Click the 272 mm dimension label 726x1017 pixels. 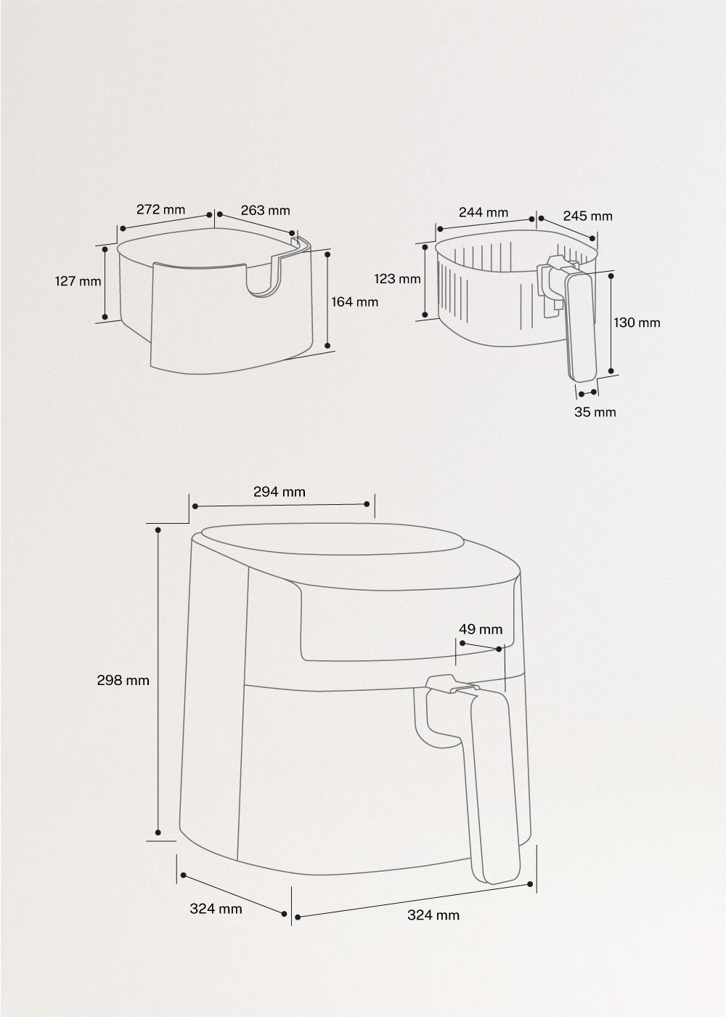(x=160, y=209)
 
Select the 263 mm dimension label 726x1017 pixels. (x=265, y=211)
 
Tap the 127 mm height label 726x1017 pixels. (x=78, y=280)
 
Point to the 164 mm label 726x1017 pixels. (x=355, y=301)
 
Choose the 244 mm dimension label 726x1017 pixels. (x=483, y=212)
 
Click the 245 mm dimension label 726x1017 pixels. (x=587, y=216)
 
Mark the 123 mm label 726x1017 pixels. (x=397, y=278)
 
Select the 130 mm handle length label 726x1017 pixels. (x=637, y=322)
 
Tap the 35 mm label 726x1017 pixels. (x=595, y=412)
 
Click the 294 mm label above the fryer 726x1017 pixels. (x=280, y=492)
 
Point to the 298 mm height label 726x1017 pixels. (x=123, y=680)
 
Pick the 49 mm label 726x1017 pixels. (x=480, y=629)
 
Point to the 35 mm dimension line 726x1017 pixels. (x=587, y=393)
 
